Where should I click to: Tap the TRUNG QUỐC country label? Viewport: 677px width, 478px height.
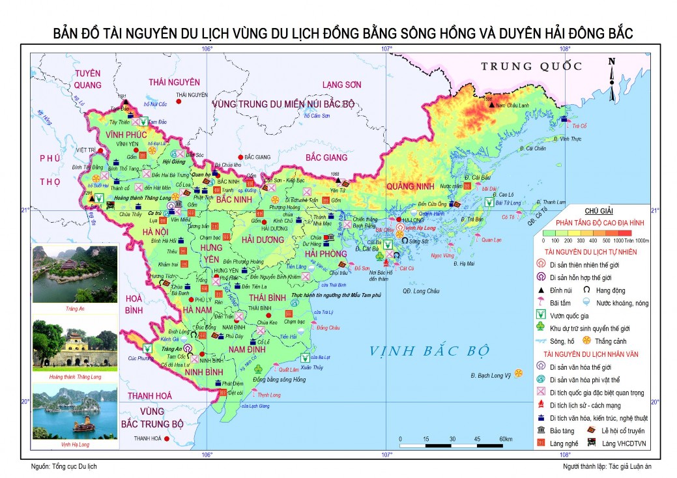[x=531, y=66]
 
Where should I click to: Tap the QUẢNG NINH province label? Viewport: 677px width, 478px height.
[x=412, y=186]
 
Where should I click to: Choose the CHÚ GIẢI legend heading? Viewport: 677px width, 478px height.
[x=599, y=212]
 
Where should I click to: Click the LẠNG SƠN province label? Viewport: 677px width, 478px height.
[x=341, y=85]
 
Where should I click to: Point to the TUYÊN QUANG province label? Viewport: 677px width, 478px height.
[x=88, y=79]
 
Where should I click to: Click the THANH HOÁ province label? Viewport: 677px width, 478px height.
[x=149, y=396]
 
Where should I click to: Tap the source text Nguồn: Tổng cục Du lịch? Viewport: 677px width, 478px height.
[x=64, y=466]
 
